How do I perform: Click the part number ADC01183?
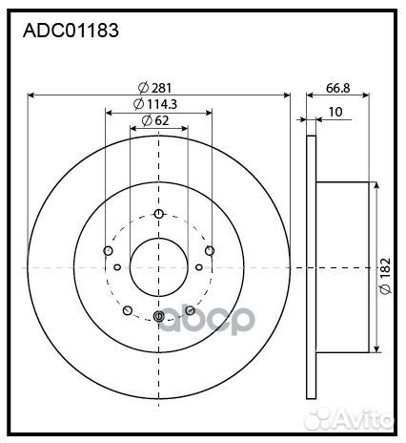click(x=70, y=31)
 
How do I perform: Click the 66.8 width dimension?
click(x=337, y=88)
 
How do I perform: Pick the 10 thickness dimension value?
click(x=335, y=112)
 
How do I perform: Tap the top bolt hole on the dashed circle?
click(x=158, y=213)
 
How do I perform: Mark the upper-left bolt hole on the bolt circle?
click(x=108, y=250)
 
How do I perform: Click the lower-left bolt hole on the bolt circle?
click(x=127, y=310)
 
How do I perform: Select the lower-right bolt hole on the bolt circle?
click(x=191, y=310)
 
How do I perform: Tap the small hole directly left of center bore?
click(x=117, y=268)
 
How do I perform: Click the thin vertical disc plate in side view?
click(x=311, y=267)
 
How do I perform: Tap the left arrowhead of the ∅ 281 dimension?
click(x=32, y=95)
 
